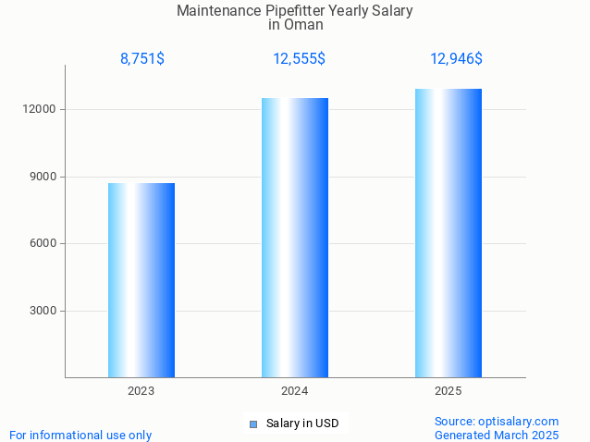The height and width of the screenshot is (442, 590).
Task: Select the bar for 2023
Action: [141, 280]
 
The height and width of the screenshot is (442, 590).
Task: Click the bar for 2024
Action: [295, 238]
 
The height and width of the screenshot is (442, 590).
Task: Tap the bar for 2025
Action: [449, 233]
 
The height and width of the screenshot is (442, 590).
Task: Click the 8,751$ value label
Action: [142, 59]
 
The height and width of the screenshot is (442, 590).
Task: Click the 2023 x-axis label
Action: [141, 391]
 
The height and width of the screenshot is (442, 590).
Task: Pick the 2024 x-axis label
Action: [295, 391]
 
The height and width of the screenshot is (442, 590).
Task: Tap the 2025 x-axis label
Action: [449, 391]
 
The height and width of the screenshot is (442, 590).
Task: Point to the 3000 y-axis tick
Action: [43, 311]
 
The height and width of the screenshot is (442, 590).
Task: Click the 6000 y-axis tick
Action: [43, 243]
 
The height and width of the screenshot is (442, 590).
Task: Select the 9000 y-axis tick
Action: [43, 177]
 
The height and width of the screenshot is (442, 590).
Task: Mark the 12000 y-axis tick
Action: [40, 109]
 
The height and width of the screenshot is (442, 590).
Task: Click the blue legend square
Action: [252, 424]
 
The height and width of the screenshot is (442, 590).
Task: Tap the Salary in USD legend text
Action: [302, 424]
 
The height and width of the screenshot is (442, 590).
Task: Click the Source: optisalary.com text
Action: [497, 421]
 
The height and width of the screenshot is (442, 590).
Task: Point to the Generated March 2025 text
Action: [497, 435]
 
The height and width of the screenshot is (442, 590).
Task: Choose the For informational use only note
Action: [80, 435]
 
